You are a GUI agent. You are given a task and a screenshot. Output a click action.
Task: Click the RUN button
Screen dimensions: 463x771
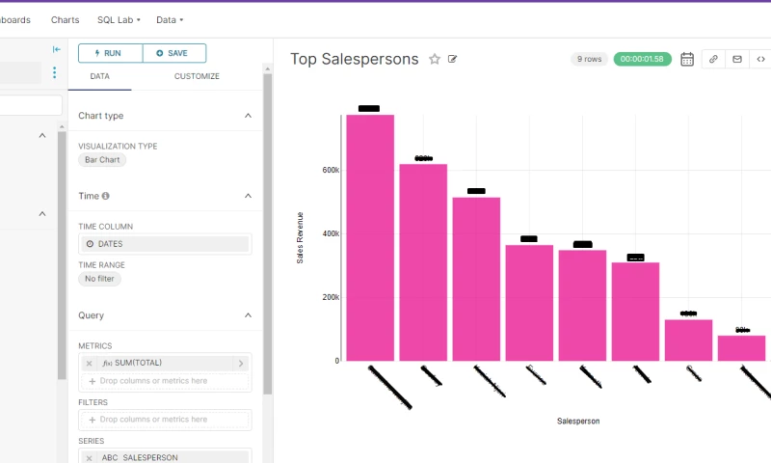tap(110, 53)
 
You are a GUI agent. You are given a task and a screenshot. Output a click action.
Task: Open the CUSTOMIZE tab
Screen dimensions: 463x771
tap(197, 76)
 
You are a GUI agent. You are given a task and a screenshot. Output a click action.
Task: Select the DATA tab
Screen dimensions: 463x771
tap(99, 76)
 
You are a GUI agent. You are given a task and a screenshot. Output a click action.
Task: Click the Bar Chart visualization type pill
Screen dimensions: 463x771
tap(102, 160)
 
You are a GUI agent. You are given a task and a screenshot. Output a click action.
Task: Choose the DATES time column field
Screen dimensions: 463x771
tap(164, 244)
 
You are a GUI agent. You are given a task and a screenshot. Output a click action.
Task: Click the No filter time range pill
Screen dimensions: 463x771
tap(99, 279)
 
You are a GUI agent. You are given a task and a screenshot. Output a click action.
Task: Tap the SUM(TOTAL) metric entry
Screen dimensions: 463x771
tap(159, 363)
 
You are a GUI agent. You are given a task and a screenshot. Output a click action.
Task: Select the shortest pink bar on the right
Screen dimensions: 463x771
tap(741, 348)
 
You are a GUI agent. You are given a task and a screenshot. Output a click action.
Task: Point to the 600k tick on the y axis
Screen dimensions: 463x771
tap(330, 170)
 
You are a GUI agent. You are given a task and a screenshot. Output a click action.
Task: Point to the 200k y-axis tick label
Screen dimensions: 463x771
tap(330, 297)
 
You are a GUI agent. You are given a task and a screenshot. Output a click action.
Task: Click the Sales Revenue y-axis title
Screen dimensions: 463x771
tap(301, 237)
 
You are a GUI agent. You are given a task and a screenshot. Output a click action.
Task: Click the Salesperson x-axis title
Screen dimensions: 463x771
tap(578, 421)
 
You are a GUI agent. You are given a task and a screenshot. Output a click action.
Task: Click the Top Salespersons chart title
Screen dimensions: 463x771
tap(354, 59)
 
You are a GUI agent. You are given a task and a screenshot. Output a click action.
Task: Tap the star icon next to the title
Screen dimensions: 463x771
tap(435, 59)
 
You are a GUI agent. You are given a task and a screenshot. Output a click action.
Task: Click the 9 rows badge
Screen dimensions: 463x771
tap(588, 59)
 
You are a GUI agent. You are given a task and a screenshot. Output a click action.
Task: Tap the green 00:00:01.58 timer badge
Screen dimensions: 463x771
tap(642, 59)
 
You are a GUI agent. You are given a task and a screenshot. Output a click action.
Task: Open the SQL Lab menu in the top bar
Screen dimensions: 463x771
tap(119, 19)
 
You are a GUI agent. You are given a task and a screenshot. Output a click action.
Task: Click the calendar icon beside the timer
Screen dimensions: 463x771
tap(687, 59)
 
